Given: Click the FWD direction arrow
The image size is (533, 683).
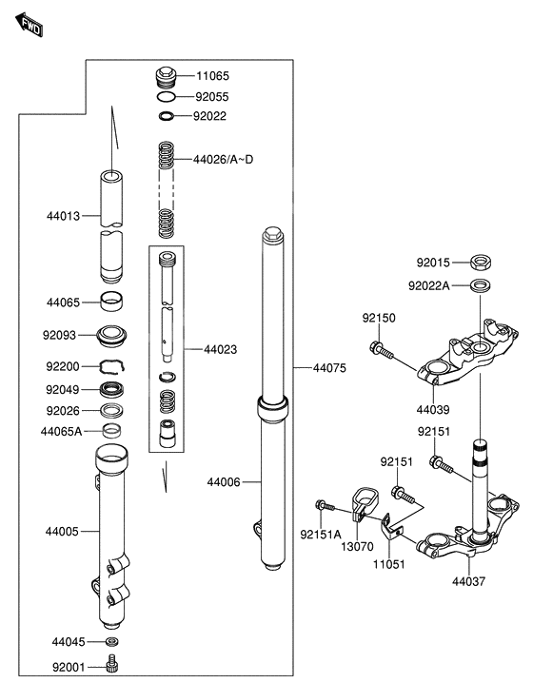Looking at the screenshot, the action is coord(29,25).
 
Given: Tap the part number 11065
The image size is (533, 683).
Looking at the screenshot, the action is coord(212,76).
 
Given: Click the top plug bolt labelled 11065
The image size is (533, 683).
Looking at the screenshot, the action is coord(166,77).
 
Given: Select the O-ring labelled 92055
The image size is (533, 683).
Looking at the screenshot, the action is coord(166,96).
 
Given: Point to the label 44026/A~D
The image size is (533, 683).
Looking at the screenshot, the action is coord(223,160).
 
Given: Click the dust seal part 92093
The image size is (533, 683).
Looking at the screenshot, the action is coord(112,336).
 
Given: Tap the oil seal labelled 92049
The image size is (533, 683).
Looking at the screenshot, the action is coord(111,388).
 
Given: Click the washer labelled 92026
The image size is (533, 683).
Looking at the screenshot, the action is coord(111,411).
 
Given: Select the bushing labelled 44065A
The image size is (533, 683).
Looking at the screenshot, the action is coord(112,430).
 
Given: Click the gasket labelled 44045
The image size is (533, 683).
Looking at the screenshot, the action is coord(112,641).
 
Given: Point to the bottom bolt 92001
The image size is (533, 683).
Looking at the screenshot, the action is coord(112,664).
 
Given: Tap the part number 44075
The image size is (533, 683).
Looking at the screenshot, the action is coord(329,368).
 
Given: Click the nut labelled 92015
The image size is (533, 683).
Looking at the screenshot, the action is coord(482,263).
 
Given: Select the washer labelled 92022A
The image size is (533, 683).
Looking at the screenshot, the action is coord(482,285).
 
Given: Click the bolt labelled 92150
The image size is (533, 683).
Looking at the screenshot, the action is coord(382,350).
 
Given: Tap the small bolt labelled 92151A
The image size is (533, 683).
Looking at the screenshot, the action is coord(325,506).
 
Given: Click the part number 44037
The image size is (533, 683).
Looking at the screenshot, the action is coord(468,581).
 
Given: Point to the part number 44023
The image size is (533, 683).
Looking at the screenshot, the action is coord(221,349).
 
